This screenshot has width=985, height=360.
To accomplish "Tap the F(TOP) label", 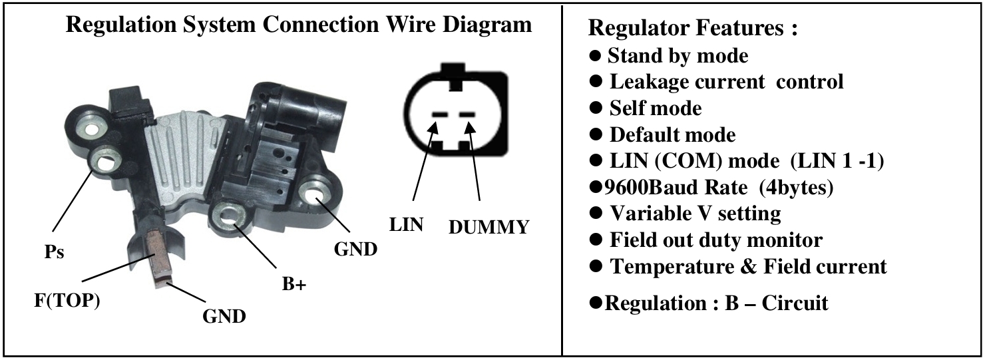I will coord(67,301).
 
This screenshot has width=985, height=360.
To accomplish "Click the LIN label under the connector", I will coord(406,224).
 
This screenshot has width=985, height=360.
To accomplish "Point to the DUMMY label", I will coord(489,227).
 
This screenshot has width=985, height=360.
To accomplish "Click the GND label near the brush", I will coord(224,315).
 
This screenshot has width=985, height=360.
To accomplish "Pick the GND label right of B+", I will coord(355,250).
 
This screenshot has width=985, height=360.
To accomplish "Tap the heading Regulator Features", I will coord(693,29).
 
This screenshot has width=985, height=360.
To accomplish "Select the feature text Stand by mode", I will coord(678,55).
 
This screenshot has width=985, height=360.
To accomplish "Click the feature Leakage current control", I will coord(726,82).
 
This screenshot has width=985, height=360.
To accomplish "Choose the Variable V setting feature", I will coord(695,214).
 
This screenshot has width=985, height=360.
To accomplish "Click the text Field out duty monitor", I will coord(716,240).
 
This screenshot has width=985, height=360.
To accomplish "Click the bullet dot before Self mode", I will coord(596,108).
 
